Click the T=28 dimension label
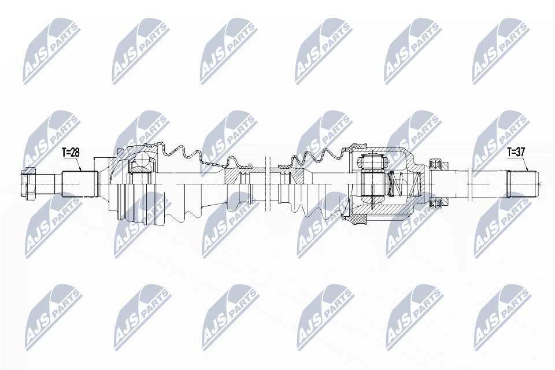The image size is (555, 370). (x=70, y=153)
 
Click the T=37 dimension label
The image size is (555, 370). (x=516, y=153)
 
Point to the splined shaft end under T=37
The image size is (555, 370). (x=522, y=183)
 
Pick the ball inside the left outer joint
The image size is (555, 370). (x=140, y=161)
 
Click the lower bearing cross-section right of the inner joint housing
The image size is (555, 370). (x=438, y=202)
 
